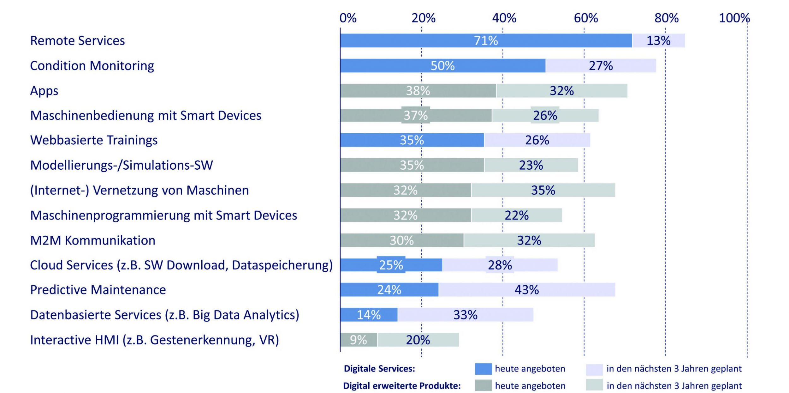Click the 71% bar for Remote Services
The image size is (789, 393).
coord(486,40)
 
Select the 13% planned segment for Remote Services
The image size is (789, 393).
coord(659,40)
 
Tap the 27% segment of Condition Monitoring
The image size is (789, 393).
coord(601,66)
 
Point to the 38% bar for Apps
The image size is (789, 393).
coord(418,91)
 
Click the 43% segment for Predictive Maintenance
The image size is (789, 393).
coord(527,290)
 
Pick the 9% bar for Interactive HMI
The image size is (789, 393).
coord(359,340)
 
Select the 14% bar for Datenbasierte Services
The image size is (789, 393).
coord(369,315)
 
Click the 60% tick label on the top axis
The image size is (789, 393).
coord(586,18)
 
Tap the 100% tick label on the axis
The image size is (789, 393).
coord(734,18)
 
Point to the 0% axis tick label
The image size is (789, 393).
coord(348,18)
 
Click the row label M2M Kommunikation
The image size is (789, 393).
coord(93,240)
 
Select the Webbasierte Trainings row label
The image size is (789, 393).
coord(94,140)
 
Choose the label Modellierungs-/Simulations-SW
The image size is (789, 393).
coord(122,165)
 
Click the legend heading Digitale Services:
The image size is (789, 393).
coord(379,369)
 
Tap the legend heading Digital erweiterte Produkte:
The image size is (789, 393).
coord(402,386)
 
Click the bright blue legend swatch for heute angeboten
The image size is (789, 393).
coord(483,369)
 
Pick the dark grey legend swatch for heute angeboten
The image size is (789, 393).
coord(483,385)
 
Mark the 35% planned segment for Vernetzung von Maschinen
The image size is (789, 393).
coord(543,190)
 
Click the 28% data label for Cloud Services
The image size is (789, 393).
coord(500,265)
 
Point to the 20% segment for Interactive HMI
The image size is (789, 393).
coord(418,340)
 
